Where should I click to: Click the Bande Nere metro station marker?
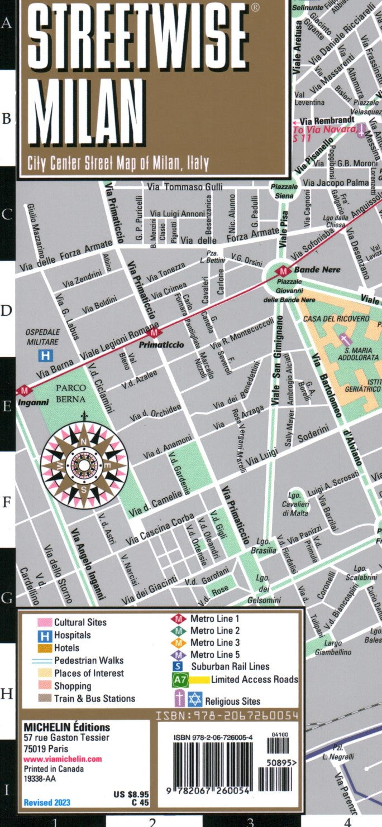tap(284, 271)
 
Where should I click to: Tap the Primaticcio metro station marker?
tap(155, 333)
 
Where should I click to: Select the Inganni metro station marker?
tap(23, 391)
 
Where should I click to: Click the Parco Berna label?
tap(70, 393)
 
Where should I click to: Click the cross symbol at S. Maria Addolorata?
tap(344, 339)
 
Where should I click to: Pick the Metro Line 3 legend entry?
tap(214, 642)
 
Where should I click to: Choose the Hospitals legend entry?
tap(72, 635)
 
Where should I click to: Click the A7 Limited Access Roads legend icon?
tap(179, 680)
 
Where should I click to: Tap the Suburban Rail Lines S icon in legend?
tap(178, 666)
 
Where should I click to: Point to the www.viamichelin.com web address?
tap(63, 759)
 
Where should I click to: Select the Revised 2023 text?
tap(47, 803)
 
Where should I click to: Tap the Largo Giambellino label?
tap(328, 647)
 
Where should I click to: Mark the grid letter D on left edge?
tap(7, 310)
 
